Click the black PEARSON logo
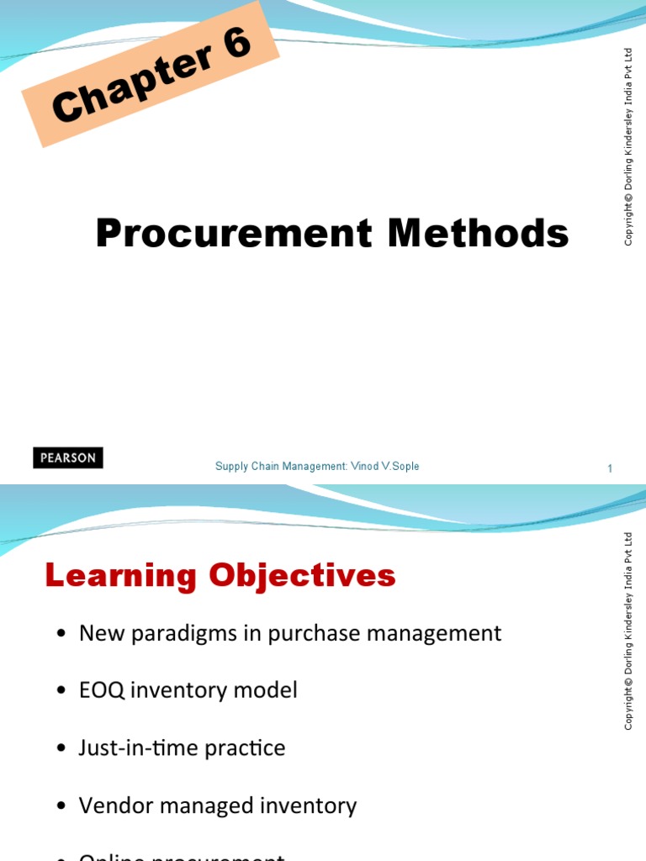[x=68, y=458]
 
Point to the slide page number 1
[x=610, y=469]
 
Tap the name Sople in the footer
[x=403, y=467]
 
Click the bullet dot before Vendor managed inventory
[x=62, y=806]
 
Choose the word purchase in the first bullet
[x=310, y=634]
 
